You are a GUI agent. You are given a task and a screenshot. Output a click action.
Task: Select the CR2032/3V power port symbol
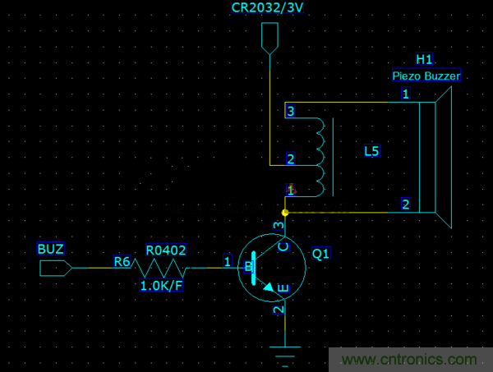270,38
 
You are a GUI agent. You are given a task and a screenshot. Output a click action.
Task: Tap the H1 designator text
424,59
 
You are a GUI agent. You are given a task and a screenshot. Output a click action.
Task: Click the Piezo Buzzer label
426,76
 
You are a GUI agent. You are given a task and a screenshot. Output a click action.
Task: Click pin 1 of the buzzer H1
405,94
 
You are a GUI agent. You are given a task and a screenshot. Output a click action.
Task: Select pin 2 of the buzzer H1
405,204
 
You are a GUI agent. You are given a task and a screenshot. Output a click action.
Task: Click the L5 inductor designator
371,151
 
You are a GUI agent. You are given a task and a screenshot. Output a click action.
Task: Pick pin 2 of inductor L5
290,158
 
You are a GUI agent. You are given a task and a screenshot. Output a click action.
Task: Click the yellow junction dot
285,213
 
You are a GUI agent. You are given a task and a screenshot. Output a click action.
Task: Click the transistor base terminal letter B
247,266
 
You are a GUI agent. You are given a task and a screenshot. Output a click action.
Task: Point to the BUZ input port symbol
55,267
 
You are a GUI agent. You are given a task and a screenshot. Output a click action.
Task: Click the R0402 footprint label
166,249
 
